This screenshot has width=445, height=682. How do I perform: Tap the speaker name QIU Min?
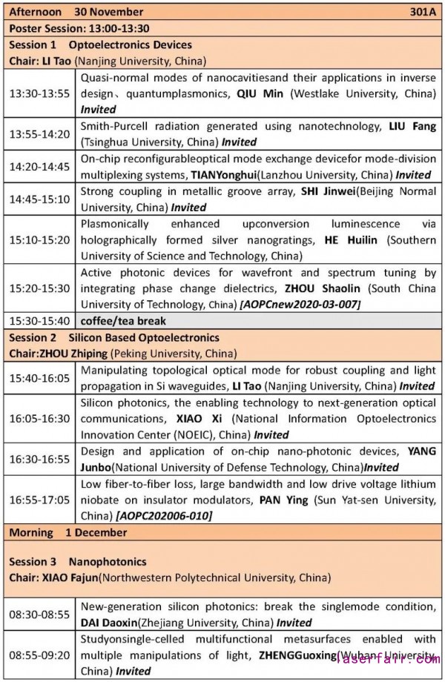(x=260, y=95)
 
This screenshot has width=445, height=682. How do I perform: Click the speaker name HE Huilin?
(x=353, y=241)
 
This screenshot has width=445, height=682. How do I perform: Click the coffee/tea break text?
(x=123, y=321)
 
